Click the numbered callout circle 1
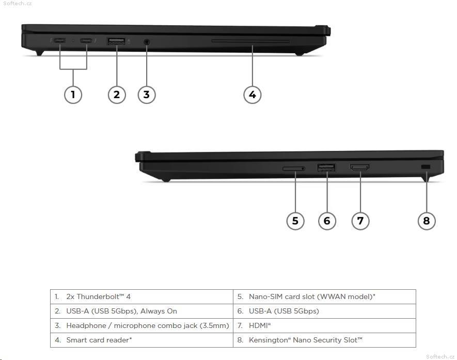pos(73,94)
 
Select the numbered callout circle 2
pos(117,94)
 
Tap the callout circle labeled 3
pos(147,94)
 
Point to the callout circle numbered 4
pos(252,94)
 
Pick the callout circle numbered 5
pos(295,221)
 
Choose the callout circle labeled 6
pos(326,221)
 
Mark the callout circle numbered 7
pos(360,221)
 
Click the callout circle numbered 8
pos(426,221)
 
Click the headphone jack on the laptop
pos(147,41)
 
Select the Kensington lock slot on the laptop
pos(426,167)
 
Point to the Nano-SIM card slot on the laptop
pos(293,168)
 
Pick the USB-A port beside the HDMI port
pos(326,167)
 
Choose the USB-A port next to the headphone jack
pos(117,41)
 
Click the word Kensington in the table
pos(267,340)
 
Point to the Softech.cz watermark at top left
pos(17,4)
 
